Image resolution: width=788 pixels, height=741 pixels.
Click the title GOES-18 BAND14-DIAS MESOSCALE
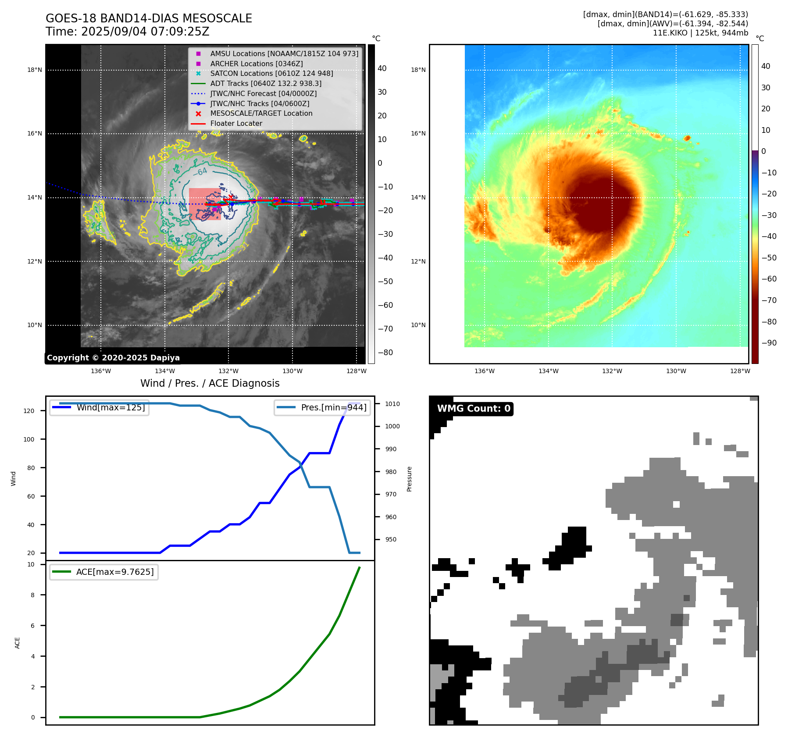click(x=149, y=18)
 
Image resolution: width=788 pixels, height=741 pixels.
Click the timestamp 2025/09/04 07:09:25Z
click(x=145, y=32)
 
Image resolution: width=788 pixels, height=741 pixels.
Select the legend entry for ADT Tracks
click(x=265, y=83)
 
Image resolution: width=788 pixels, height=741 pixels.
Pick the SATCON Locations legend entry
click(x=271, y=74)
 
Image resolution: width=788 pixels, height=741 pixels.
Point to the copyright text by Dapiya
click(x=113, y=358)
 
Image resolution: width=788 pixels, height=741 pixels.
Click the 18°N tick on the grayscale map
click(x=35, y=70)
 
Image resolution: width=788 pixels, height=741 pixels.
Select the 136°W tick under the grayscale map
click(x=101, y=371)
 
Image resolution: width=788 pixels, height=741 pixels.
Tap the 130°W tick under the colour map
click(x=676, y=371)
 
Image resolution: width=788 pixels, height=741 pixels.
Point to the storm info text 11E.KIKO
click(x=700, y=33)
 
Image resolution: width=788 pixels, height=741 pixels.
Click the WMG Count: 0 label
click(x=474, y=409)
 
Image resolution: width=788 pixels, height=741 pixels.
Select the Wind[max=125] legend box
click(x=99, y=408)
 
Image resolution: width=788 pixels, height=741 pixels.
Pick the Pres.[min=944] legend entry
click(x=322, y=408)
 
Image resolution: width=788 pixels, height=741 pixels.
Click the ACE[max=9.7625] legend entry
click(x=104, y=572)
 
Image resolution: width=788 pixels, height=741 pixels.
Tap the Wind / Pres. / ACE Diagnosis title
click(x=210, y=383)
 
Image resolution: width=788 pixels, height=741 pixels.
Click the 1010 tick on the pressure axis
click(x=392, y=404)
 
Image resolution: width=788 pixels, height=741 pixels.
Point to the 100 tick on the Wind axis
click(x=29, y=439)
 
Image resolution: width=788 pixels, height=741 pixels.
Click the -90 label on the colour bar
click(x=769, y=343)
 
